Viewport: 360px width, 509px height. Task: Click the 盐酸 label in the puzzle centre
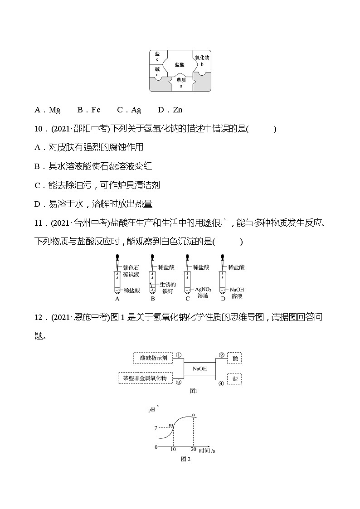coord(180,65)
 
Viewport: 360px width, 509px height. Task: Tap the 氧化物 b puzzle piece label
coord(202,60)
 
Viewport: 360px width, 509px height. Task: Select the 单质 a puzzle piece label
coord(181,82)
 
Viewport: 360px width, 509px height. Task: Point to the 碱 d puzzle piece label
coord(157,71)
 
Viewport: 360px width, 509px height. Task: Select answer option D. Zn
coord(170,110)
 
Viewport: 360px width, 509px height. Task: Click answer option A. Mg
coord(48,110)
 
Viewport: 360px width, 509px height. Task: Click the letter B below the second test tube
coord(153,299)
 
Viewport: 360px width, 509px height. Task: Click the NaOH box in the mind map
coord(199,368)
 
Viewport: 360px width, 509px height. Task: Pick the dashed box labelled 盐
coord(234,378)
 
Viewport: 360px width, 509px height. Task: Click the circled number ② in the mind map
coord(222,355)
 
